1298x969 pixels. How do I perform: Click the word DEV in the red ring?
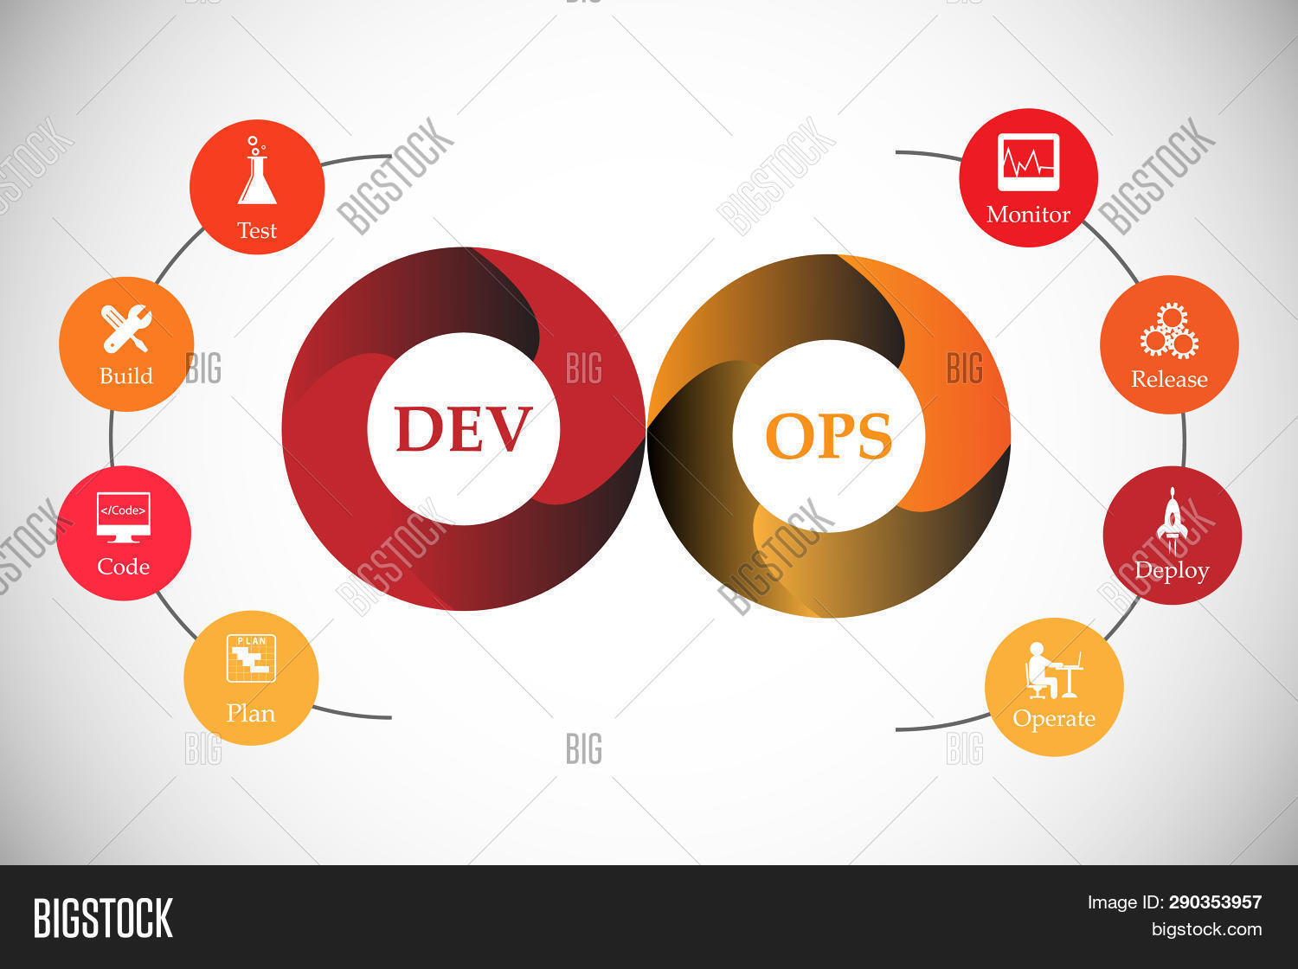click(463, 429)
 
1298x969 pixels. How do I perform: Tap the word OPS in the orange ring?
click(828, 436)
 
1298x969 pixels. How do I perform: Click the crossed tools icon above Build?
click(126, 329)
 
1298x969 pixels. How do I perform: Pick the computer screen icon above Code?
click(123, 517)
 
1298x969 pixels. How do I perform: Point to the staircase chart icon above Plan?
click(251, 658)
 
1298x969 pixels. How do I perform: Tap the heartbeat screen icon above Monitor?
click(1028, 162)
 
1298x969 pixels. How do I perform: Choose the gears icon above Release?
click(1169, 330)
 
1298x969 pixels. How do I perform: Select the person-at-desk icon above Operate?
click(1052, 671)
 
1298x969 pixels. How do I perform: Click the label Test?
click(257, 231)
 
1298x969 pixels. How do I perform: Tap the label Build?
click(126, 376)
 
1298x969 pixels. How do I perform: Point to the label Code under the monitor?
click(123, 567)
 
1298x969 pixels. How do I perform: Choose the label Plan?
click(251, 714)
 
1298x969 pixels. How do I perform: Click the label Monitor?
click(1028, 215)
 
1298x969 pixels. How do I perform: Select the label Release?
click(1169, 379)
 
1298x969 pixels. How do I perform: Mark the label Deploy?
click(1172, 571)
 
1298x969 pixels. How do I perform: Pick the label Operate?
click(1054, 719)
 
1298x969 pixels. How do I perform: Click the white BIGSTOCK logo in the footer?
click(103, 918)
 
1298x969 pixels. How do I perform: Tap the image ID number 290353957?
click(1215, 902)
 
